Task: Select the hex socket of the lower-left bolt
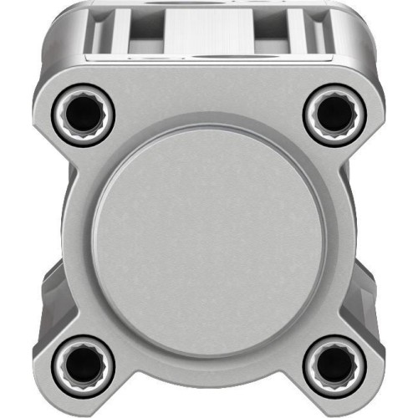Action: point(84,360)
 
